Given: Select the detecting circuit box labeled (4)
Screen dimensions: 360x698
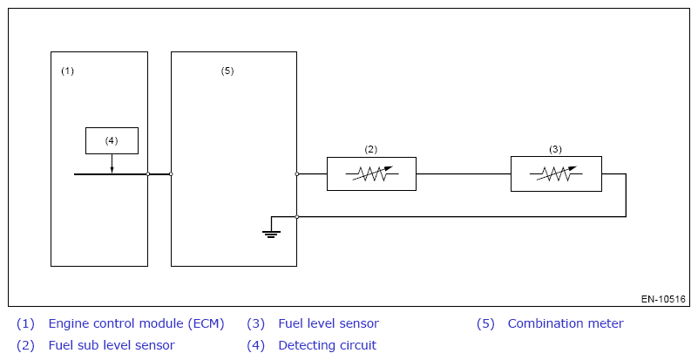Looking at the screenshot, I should click(112, 140).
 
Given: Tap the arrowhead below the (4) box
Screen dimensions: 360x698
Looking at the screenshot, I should click(112, 169).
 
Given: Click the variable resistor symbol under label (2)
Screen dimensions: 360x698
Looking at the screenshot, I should click(371, 174).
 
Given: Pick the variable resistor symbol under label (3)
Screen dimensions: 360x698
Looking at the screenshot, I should click(556, 174).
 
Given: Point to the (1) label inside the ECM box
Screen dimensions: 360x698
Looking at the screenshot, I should click(67, 71).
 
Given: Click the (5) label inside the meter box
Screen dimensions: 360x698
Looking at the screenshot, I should click(227, 71).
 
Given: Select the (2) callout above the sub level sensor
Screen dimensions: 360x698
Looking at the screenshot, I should click(371, 149).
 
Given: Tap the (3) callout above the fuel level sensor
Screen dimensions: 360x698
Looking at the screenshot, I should click(556, 149).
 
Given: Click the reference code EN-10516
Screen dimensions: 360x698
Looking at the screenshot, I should click(664, 299).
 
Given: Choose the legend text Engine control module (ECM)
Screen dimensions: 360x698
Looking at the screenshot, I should click(136, 323).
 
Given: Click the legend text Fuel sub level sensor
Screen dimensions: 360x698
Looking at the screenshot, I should click(112, 345).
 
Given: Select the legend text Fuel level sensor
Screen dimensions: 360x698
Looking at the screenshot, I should click(329, 323).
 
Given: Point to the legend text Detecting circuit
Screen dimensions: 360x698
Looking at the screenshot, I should click(327, 345).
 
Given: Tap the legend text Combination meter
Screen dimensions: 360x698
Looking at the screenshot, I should click(566, 323).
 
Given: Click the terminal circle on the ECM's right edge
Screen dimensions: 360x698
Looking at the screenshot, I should click(148, 174).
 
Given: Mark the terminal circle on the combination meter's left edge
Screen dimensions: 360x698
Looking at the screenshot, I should click(171, 174).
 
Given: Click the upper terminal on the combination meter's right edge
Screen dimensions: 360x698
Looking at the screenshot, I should click(297, 174).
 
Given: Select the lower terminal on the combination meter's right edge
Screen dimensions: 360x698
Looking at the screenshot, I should click(297, 216).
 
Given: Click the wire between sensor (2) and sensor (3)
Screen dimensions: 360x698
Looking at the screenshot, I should click(463, 174).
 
